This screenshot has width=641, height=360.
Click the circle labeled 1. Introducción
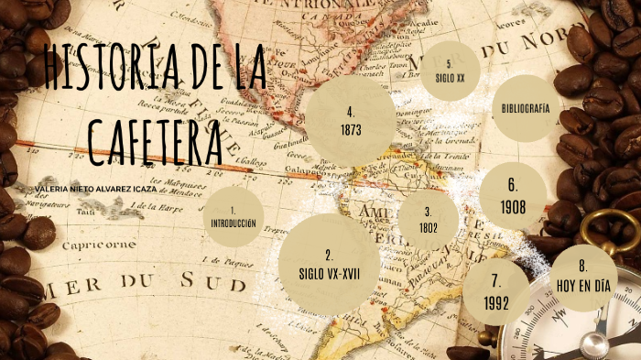coord(234,216)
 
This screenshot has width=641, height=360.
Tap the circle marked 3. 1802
coord(428,220)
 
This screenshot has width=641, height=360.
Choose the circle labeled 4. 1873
coord(351,120)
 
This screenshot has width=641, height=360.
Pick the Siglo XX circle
coord(450,71)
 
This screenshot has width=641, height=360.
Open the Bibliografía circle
coord(525,109)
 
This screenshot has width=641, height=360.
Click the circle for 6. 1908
coord(513,196)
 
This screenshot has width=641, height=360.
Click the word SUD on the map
coord(190,283)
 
